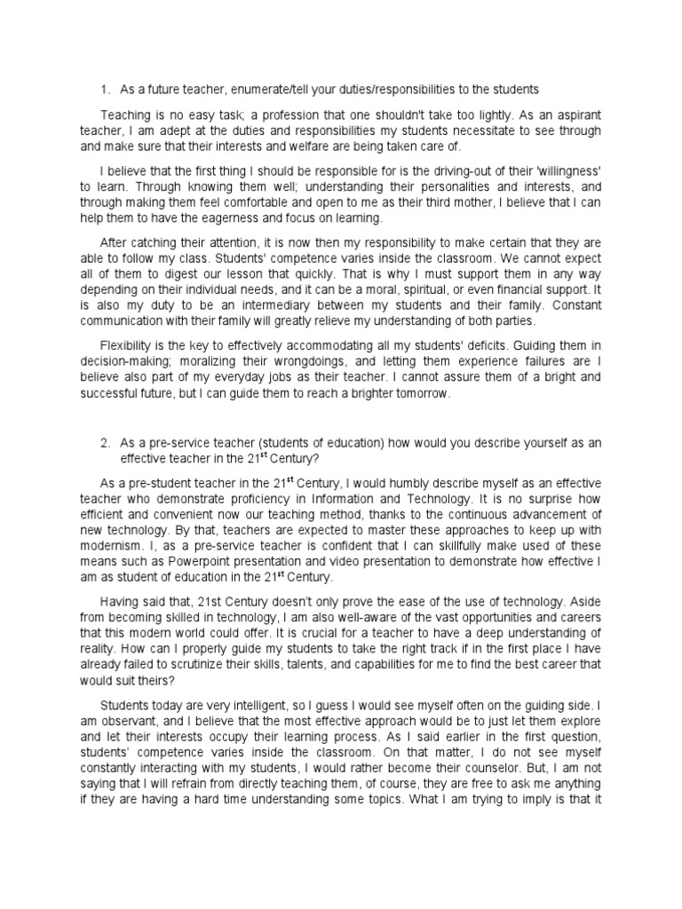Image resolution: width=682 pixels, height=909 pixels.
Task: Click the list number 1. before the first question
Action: pyautogui.click(x=105, y=89)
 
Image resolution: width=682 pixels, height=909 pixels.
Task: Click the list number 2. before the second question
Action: pyautogui.click(x=105, y=444)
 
